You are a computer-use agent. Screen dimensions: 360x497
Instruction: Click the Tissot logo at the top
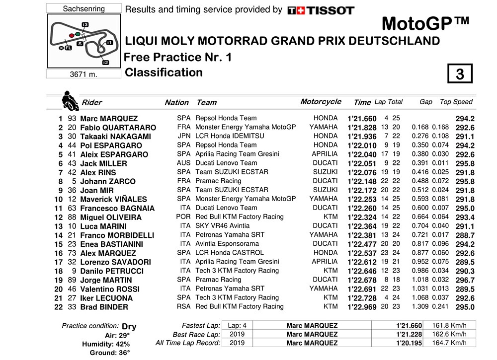click(x=321, y=10)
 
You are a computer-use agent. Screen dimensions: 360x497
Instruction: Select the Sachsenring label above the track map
click(x=84, y=9)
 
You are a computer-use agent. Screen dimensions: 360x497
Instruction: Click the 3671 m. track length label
click(x=83, y=74)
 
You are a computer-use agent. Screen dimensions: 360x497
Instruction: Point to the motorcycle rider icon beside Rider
click(x=70, y=101)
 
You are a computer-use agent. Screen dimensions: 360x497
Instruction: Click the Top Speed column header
click(x=456, y=102)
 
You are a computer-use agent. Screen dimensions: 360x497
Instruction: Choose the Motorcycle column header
click(x=321, y=102)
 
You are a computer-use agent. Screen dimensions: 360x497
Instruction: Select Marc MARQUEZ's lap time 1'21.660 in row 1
click(x=361, y=119)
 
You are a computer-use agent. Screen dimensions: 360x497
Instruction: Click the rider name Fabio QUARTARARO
click(x=118, y=128)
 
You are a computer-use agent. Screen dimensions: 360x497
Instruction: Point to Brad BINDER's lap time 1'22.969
click(x=361, y=307)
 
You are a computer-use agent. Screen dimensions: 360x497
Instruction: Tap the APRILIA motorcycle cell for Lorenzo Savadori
click(x=324, y=262)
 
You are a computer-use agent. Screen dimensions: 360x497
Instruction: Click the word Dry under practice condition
click(x=129, y=327)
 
